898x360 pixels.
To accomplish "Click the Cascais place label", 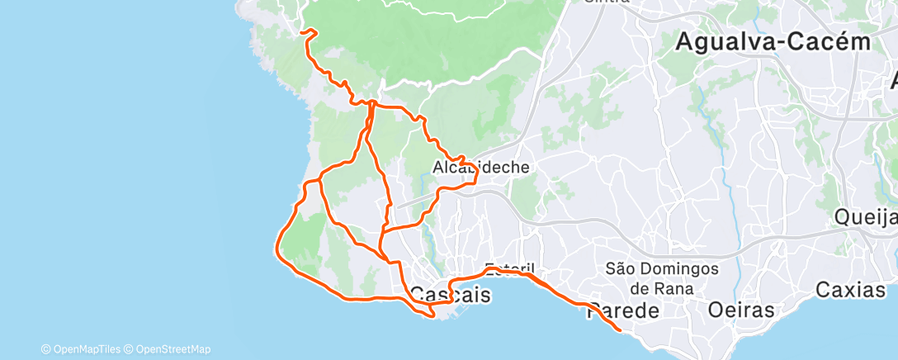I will point(450,295).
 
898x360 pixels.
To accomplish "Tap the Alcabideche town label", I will point(480,168).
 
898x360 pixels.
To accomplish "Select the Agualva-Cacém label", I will point(773,42).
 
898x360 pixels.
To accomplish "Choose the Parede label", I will point(624,311).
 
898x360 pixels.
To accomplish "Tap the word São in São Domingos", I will point(620,268).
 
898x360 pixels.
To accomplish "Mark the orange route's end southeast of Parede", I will point(620,330).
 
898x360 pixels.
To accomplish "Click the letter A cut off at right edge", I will point(893,81).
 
